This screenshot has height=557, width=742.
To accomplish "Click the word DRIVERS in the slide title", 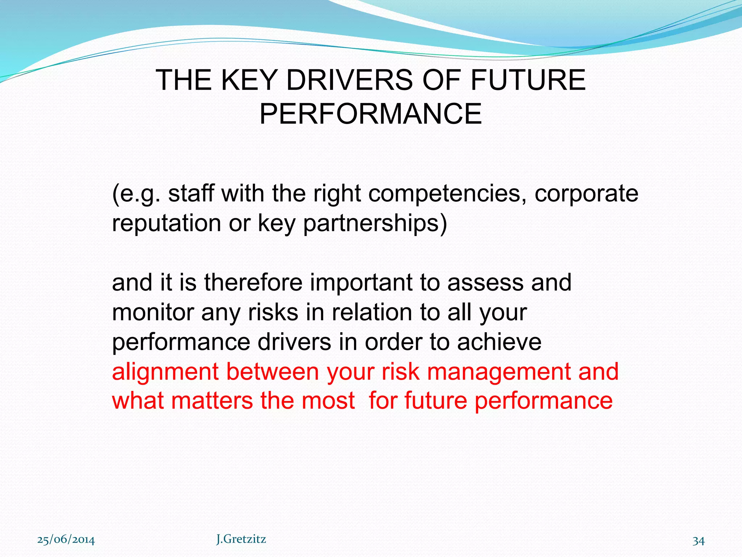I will pos(349,80).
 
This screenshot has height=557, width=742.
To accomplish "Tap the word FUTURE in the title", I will pos(528,80).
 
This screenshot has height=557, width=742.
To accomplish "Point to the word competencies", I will pos(447,194).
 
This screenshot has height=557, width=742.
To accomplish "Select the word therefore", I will pos(253,282).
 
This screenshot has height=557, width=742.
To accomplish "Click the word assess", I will pos(485,282).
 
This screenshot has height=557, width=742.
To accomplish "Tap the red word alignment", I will pos(166,372).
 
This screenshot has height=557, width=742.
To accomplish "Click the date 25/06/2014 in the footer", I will pos(66,540).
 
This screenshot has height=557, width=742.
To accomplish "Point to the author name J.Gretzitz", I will pos(241,539).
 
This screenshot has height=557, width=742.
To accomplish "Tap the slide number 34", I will pos(699,541).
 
